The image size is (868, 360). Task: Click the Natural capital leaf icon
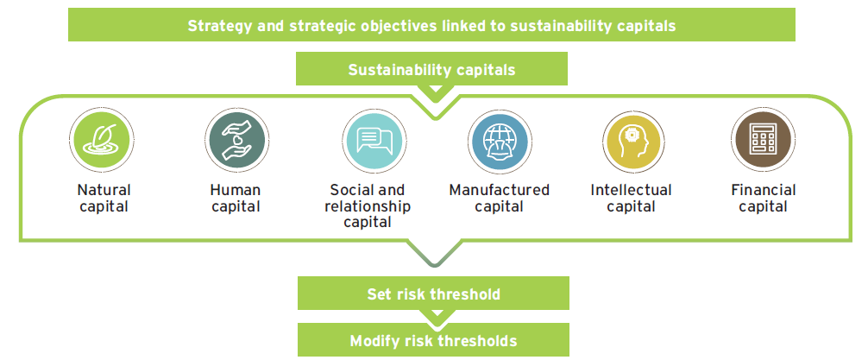[102, 139]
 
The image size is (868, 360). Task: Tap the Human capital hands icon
[236, 140]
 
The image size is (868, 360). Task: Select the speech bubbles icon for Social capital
[374, 140]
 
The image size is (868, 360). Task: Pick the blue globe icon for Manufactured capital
[500, 142]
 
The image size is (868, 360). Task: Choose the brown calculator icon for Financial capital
[763, 140]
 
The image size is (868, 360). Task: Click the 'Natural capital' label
[104, 199]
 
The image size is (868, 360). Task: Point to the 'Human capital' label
[236, 199]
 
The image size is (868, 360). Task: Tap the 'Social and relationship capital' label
[368, 206]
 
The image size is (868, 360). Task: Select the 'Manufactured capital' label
[500, 199]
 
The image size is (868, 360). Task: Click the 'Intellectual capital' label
[631, 199]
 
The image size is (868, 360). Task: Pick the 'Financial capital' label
[764, 199]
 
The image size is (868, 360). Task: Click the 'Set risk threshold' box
[433, 293]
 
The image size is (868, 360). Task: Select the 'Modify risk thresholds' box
[433, 340]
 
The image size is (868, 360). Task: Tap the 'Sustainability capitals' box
[431, 69]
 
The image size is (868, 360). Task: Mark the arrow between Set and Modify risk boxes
[437, 315]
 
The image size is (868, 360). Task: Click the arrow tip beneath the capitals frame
[435, 267]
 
